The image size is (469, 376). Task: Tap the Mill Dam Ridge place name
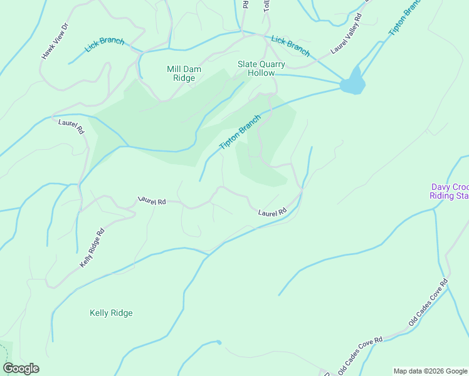coord(181,73)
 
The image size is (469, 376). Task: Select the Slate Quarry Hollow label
coord(261,68)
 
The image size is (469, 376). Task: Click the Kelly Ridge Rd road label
coord(92,248)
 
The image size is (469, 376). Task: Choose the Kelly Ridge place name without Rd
coord(111,313)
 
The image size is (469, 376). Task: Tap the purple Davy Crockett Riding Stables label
coord(450,191)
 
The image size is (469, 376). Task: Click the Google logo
coord(21,368)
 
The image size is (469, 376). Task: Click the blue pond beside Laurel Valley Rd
coord(353,83)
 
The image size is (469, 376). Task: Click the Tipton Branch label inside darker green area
coord(240,132)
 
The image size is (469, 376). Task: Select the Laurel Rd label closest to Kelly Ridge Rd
coord(152,201)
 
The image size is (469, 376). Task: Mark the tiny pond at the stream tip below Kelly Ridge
coord(218,342)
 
